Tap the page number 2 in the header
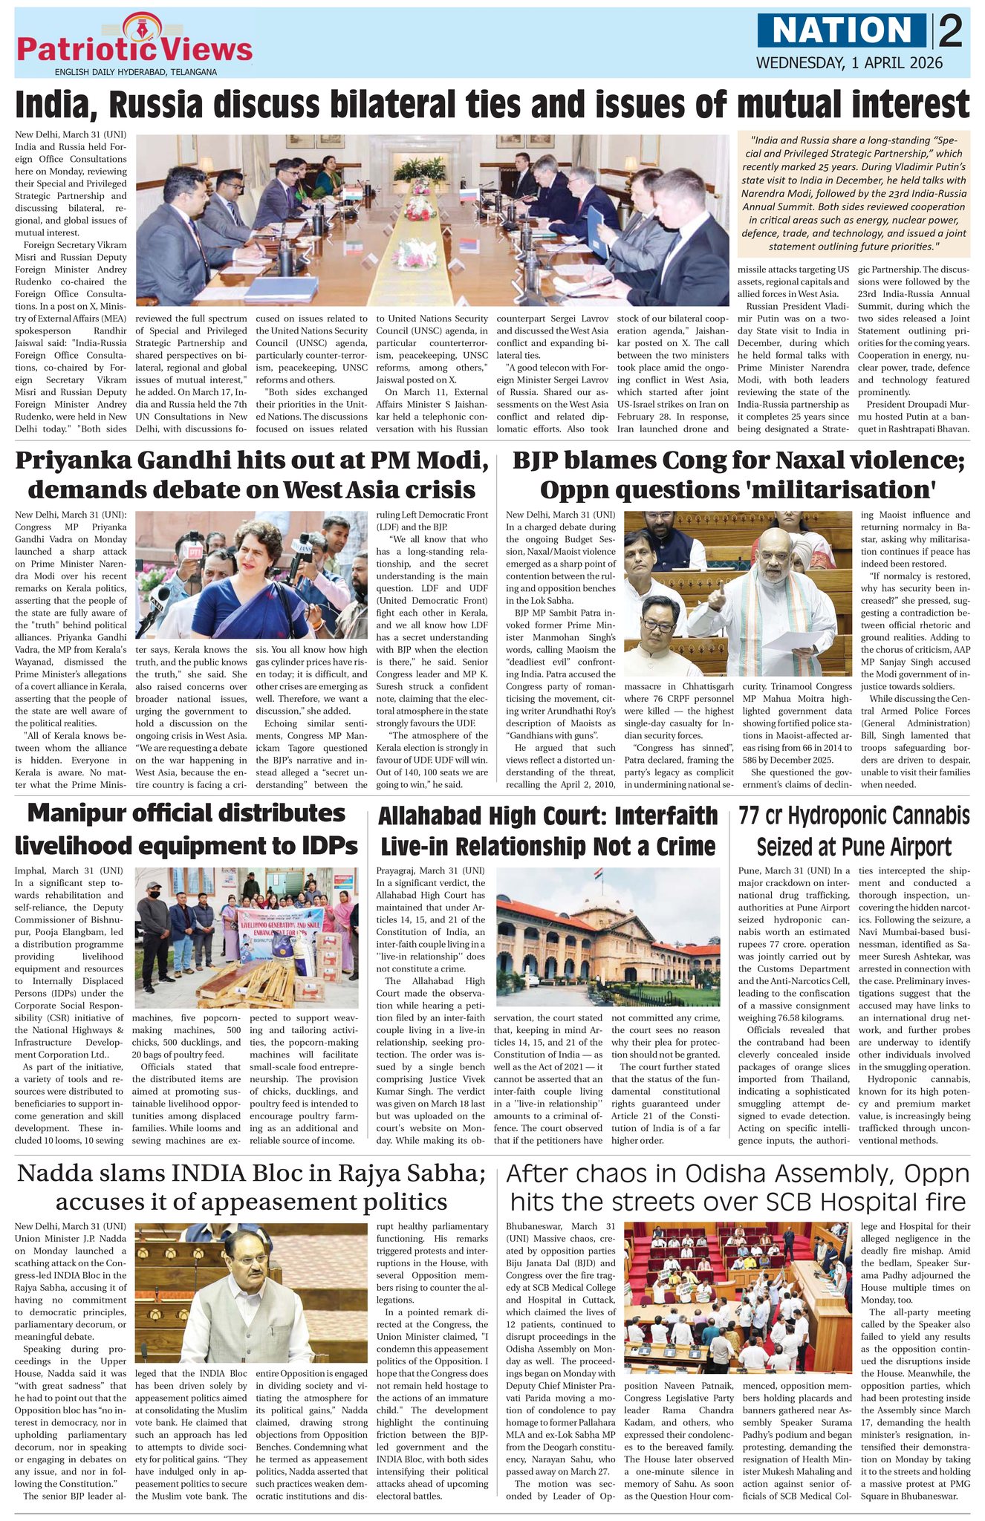950,31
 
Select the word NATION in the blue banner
843,30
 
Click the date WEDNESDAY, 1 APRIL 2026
849,63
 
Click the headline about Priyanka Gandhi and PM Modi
252,475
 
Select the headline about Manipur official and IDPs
186,829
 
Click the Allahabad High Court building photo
607,936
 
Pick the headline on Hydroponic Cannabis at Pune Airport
854,831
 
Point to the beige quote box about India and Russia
854,192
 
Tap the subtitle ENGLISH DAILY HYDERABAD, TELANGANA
135,72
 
